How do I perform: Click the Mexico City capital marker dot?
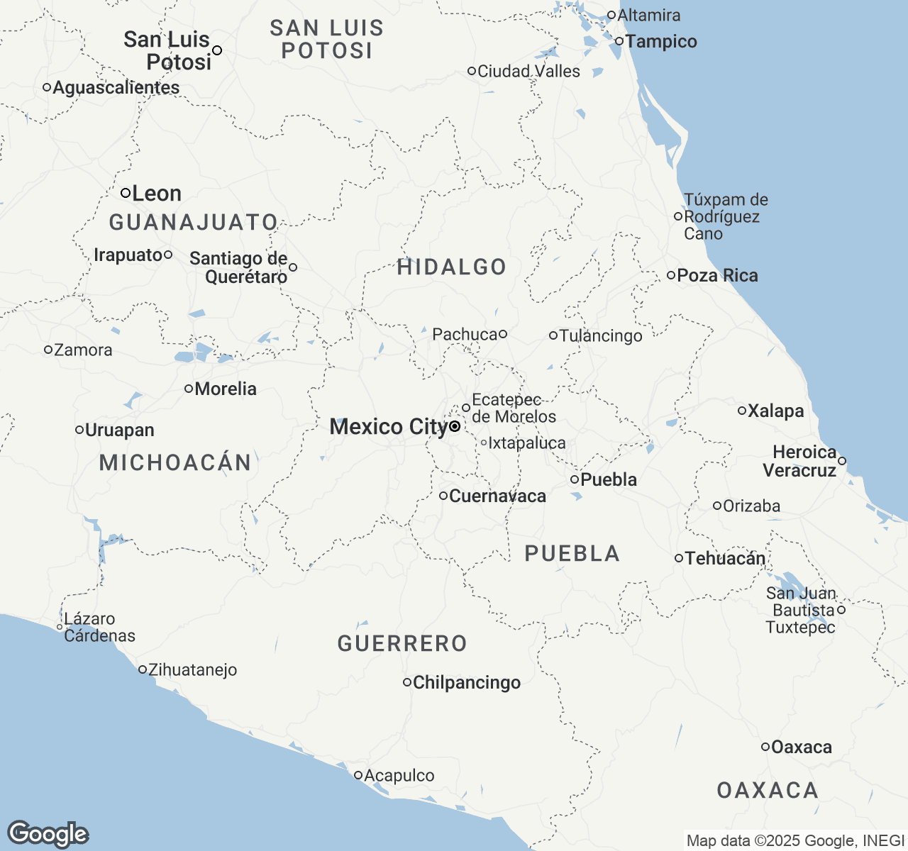tap(454, 426)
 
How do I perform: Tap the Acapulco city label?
tap(399, 776)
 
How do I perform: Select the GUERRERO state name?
tap(402, 644)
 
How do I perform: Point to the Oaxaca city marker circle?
tap(765, 747)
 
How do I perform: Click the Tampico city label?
tap(661, 42)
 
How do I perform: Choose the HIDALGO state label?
tap(452, 267)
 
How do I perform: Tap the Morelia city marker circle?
tap(189, 389)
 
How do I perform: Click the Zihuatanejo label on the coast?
tap(192, 670)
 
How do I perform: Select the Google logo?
tap(48, 834)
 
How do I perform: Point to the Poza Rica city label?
tap(717, 276)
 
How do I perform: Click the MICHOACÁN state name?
tap(175, 463)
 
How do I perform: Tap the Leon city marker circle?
tap(125, 193)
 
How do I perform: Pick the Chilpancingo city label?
tap(467, 683)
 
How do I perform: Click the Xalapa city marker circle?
tap(742, 411)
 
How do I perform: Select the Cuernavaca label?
tap(497, 496)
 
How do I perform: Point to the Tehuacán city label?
tap(725, 559)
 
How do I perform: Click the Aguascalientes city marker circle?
tap(47, 87)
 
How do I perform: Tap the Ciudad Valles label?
tap(528, 72)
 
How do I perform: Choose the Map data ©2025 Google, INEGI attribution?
tap(794, 841)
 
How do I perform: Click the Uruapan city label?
tap(119, 430)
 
